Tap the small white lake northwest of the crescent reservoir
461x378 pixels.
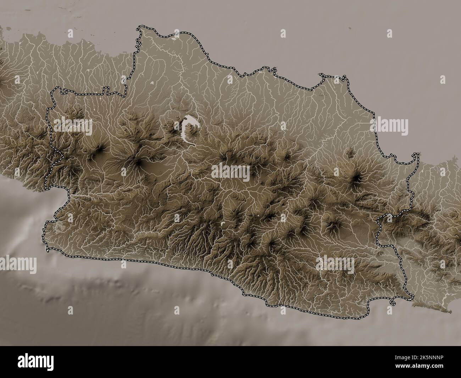[152, 84]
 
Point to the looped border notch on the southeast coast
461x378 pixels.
[393, 303]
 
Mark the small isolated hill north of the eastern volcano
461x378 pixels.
[351, 153]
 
